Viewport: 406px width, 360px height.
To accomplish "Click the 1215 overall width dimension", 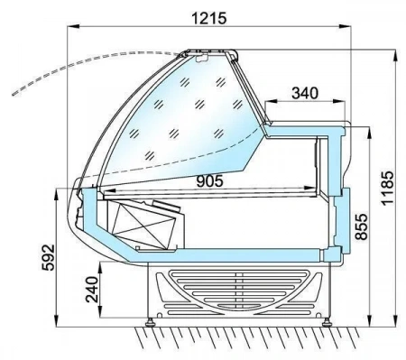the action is click(209, 19).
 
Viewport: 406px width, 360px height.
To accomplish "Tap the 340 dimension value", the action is click(305, 93).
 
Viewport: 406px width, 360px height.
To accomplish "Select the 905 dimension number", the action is click(210, 181).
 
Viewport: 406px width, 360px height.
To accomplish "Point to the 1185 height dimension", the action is click(387, 189).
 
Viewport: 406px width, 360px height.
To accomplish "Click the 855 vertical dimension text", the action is click(361, 226).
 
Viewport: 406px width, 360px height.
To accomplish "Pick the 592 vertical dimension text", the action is click(48, 257).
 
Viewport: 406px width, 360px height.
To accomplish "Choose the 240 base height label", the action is click(92, 290).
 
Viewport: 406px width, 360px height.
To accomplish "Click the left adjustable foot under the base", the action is click(150, 323).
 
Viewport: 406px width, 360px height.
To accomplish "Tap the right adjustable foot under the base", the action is click(327, 323).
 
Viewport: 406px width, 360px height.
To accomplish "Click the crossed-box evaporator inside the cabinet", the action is click(143, 223).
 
